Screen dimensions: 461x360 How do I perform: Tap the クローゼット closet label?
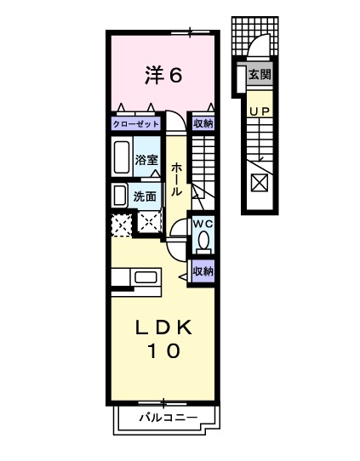pyautogui.click(x=136, y=124)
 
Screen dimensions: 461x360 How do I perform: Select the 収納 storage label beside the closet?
pyautogui.click(x=203, y=124)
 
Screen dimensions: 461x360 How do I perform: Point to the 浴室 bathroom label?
pyautogui.click(x=146, y=160)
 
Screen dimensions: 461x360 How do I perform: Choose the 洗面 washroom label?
pyautogui.click(x=146, y=196)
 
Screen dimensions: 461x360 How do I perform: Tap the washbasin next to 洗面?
pyautogui.click(x=120, y=195)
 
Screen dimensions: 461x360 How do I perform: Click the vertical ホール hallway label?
pyautogui.click(x=176, y=179)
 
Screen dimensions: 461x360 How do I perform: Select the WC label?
pyautogui.click(x=203, y=223)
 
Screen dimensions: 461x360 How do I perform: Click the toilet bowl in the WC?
pyautogui.click(x=203, y=242)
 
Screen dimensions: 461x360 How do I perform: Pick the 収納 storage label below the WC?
pyautogui.click(x=203, y=271)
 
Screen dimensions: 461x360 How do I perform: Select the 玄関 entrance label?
pyautogui.click(x=259, y=74)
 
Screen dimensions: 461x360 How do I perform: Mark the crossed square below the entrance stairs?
pyautogui.click(x=259, y=181)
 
